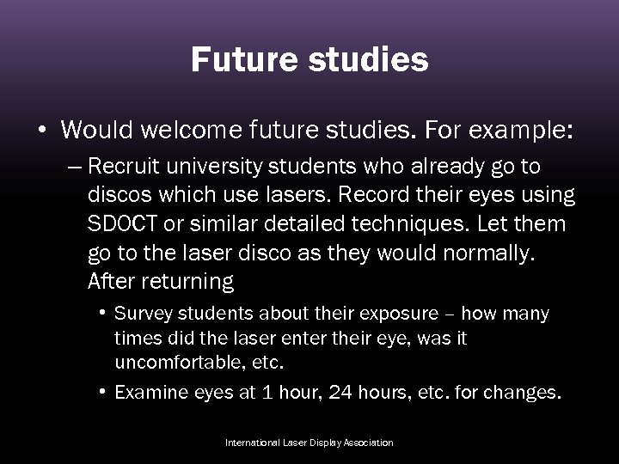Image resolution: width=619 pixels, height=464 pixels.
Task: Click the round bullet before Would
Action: click(41, 131)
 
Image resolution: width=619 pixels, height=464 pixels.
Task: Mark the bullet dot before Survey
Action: click(102, 313)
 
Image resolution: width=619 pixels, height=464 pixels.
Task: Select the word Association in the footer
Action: click(369, 443)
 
